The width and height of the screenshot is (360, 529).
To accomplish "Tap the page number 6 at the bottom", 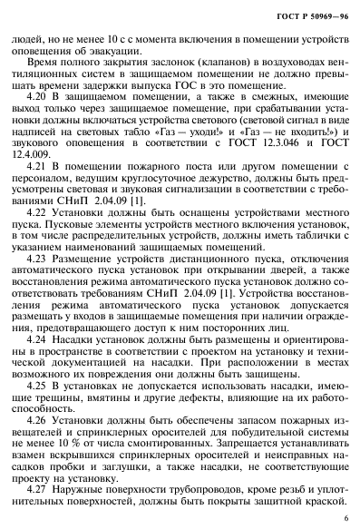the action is pyautogui.click(x=345, y=518).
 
